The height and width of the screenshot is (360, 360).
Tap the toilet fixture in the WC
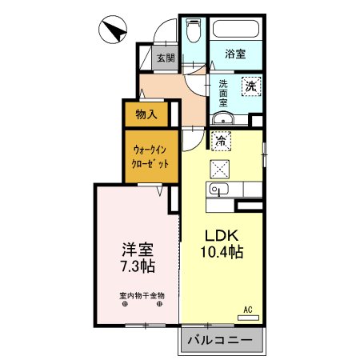[x=193, y=31]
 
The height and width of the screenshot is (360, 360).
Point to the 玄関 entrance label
[x=166, y=58]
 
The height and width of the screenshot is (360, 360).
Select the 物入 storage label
[x=146, y=114]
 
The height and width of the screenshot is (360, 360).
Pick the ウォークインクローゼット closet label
[x=150, y=156]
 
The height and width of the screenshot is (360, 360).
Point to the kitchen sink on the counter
[x=218, y=190]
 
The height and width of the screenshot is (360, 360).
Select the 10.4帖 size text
[x=222, y=252]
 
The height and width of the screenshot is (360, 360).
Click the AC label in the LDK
[x=248, y=310]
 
